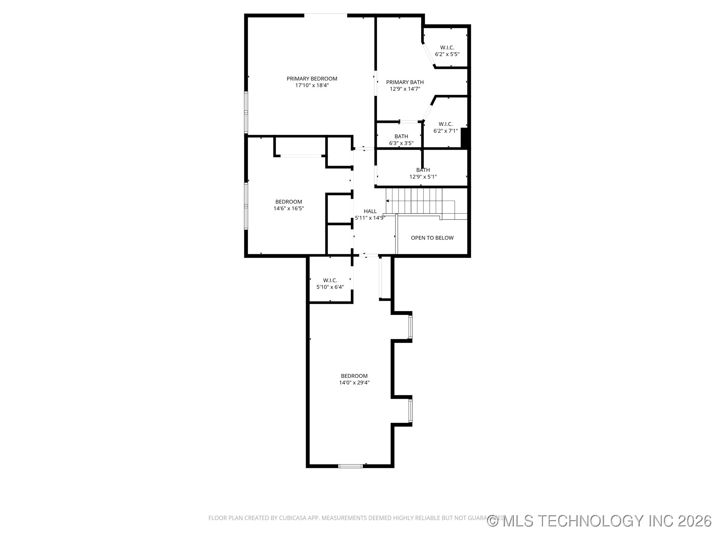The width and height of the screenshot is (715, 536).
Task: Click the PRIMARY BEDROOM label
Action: pyautogui.click(x=312, y=79)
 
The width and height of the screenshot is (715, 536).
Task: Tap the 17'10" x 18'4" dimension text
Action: pyautogui.click(x=312, y=85)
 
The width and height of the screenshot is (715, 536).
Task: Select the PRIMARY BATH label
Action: pyautogui.click(x=405, y=82)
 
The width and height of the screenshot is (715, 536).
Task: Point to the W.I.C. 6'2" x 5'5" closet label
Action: pyautogui.click(x=447, y=51)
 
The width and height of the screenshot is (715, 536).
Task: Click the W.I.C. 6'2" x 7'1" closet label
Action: pyautogui.click(x=445, y=127)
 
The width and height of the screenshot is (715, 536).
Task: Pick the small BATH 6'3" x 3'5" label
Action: pyautogui.click(x=401, y=140)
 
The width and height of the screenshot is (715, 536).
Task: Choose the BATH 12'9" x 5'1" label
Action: pyautogui.click(x=423, y=173)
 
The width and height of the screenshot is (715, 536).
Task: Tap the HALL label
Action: pyautogui.click(x=370, y=211)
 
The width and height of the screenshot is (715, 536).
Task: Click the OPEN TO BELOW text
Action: pyautogui.click(x=432, y=238)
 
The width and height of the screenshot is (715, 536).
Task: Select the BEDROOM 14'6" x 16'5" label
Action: pyautogui.click(x=289, y=205)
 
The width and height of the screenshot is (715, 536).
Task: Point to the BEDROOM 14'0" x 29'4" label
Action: pyautogui.click(x=354, y=379)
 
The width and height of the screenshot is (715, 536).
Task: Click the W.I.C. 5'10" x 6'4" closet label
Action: pyautogui.click(x=330, y=284)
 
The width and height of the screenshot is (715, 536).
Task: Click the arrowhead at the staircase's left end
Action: pyautogui.click(x=388, y=201)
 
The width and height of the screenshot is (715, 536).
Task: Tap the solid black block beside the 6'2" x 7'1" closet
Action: pyautogui.click(x=464, y=138)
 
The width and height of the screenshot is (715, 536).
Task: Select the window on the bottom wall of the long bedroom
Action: pyautogui.click(x=350, y=466)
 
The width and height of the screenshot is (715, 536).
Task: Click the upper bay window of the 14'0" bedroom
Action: pyautogui.click(x=410, y=327)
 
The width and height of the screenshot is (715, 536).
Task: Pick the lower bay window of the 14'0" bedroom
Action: pyautogui.click(x=410, y=411)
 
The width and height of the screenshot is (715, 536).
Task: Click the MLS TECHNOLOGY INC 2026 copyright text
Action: pyautogui.click(x=599, y=521)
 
